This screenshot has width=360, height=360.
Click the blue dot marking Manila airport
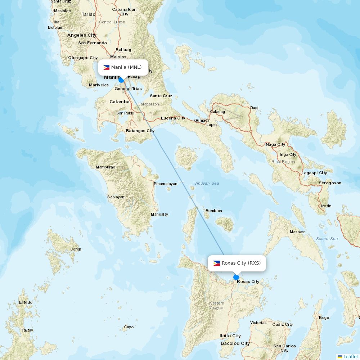121,80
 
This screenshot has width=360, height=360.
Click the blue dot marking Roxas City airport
236,277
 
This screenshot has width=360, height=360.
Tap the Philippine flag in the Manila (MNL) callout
107,67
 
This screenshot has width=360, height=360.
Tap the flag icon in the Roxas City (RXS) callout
216,263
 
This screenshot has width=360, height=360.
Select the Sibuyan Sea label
207,183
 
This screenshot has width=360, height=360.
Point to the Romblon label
213,211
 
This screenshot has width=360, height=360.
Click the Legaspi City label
314,173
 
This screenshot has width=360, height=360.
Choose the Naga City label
275,144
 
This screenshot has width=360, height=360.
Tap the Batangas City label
140,131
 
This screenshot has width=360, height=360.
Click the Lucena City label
173,118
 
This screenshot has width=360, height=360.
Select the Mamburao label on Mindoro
105,167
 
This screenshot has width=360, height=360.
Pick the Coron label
76,249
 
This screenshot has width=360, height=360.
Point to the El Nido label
26,302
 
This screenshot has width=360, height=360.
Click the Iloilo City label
230,336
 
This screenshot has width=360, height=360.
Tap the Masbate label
297,232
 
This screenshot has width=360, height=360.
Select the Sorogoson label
330,183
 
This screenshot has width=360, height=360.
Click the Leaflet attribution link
350,356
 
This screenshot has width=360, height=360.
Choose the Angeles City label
82,35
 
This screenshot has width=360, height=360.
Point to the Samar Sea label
327,239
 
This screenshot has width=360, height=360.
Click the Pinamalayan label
166,184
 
